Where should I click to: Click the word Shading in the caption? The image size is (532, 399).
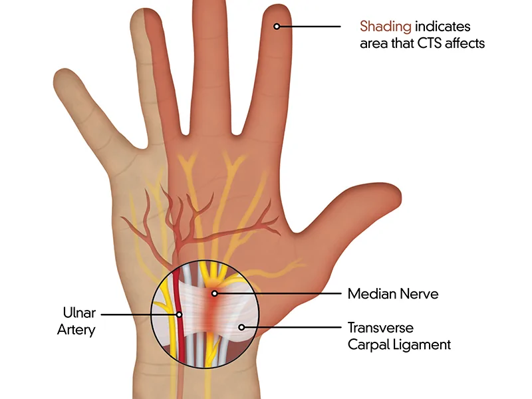point(386,27)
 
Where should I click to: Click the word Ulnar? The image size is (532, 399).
point(79,313)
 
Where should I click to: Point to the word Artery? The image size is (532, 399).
point(76,330)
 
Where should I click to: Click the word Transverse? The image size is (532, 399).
point(380,328)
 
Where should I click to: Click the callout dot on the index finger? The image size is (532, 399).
point(277,26)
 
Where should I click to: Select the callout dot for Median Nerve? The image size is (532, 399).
point(214,293)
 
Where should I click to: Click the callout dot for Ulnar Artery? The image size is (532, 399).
point(179,315)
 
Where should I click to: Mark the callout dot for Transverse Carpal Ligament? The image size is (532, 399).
point(241,327)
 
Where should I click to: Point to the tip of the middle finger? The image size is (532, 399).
point(209,1)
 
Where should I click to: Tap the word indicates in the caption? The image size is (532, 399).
point(442,27)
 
